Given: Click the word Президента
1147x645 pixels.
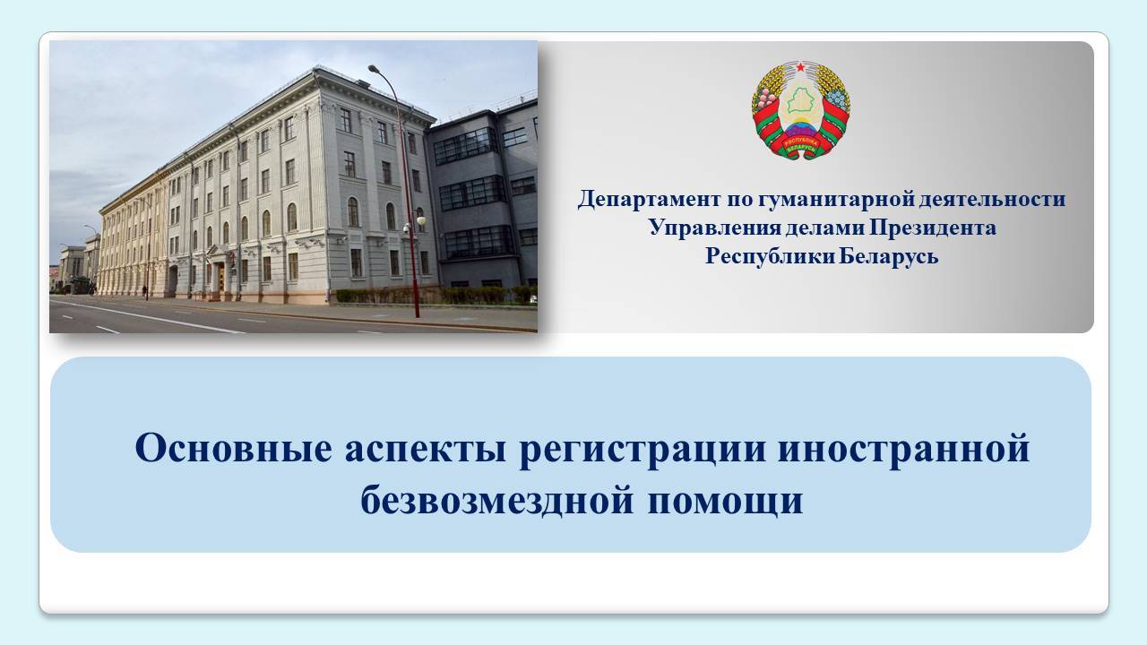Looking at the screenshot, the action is (x=933, y=228).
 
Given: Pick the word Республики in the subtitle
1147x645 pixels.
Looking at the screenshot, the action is (x=771, y=256).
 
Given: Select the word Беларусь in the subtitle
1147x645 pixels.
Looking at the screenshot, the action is (x=889, y=256).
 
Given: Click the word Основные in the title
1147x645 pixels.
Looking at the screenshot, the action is (x=234, y=448).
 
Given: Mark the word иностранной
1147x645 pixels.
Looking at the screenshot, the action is (x=904, y=449).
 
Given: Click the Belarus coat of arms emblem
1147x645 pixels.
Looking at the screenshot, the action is (x=801, y=110).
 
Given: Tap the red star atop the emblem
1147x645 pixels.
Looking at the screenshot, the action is (x=800, y=67).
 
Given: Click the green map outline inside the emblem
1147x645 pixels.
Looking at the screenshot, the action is (x=800, y=100).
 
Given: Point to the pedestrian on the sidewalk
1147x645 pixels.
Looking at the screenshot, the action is (x=145, y=292).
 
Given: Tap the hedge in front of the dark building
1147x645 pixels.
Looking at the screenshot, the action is (x=436, y=296).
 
